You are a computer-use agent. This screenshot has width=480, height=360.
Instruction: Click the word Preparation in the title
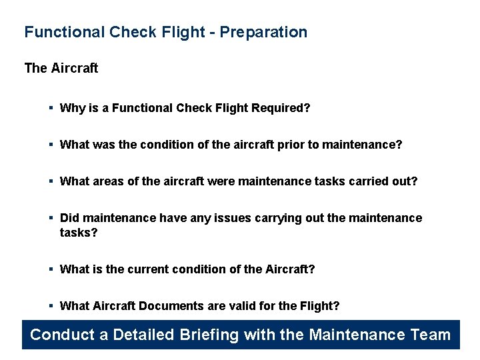coord(264,32)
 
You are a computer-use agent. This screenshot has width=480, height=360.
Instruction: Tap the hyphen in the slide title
coord(213,33)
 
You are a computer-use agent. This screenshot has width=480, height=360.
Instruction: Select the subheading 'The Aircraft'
coord(61,68)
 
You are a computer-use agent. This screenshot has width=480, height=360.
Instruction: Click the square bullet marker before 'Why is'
coord(51,108)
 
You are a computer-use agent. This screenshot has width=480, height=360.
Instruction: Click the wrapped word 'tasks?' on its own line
coord(79,233)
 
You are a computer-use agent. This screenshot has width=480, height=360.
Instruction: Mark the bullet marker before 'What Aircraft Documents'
coord(51,306)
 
